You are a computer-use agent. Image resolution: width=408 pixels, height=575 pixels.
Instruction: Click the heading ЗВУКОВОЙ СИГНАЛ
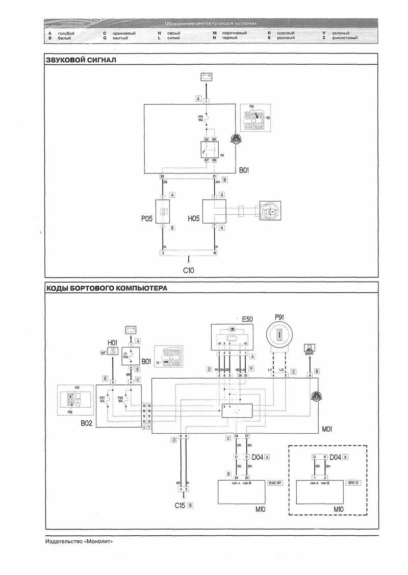(82, 60)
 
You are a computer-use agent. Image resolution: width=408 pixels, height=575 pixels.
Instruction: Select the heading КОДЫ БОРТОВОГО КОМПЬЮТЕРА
(107, 288)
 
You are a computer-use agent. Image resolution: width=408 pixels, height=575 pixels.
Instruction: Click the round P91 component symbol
(279, 337)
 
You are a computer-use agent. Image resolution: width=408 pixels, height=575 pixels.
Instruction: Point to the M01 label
(326, 430)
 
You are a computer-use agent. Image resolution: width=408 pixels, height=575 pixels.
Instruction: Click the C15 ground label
(180, 506)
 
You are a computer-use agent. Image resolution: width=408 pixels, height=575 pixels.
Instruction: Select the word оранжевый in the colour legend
(123, 33)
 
